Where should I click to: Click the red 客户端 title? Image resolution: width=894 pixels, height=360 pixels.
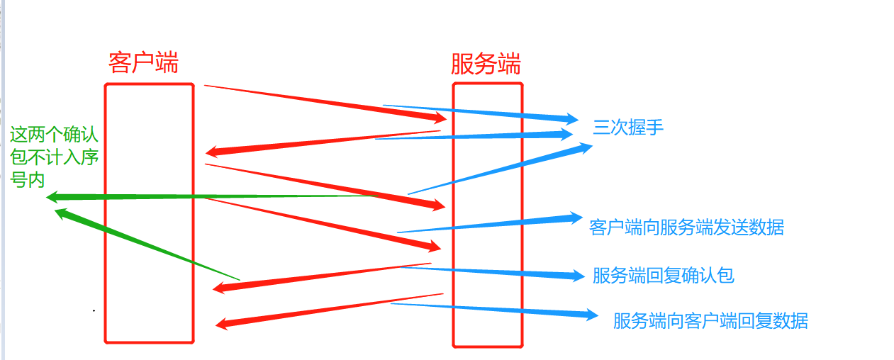pos(143,63)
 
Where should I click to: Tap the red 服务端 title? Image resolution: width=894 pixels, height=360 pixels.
pos(486,64)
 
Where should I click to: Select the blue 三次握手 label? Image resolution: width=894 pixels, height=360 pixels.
pos(628,128)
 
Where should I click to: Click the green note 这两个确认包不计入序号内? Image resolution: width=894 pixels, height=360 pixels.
pos(54,157)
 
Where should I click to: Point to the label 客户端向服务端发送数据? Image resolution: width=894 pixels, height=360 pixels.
pos(686,227)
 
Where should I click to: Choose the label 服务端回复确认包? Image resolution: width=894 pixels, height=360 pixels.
pos(663,276)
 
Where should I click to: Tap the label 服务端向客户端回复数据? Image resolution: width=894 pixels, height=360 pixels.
pos(710,320)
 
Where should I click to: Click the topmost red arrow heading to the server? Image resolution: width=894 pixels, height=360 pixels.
pos(326,101)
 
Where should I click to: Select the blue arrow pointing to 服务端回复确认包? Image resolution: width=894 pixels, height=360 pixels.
pos(496,271)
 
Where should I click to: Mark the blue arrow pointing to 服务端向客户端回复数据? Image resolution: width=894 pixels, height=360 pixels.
pos(496,309)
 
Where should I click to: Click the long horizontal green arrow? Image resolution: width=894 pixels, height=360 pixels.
pos(213,196)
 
